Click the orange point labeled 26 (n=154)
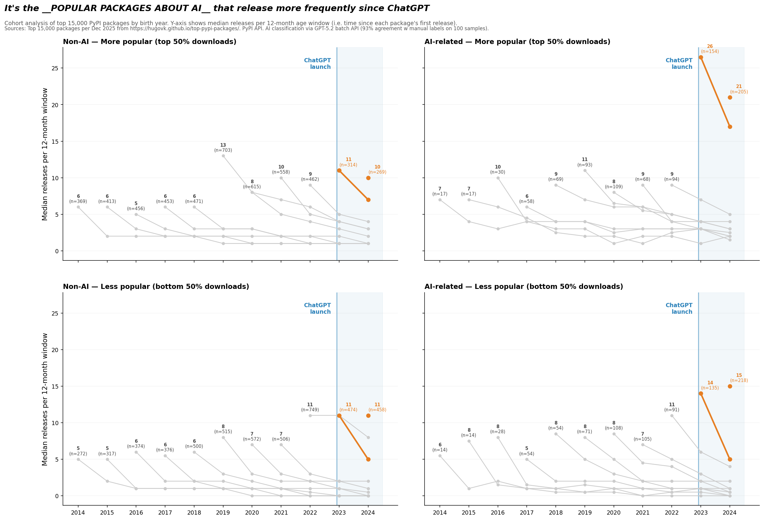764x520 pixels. point(700,57)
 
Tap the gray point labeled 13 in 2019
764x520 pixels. point(223,156)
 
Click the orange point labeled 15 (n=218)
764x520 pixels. point(730,386)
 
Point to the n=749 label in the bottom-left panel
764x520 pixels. point(310,410)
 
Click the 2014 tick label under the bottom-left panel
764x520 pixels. point(78,513)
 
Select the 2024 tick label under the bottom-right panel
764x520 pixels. point(730,513)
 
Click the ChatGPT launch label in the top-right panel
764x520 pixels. point(679,64)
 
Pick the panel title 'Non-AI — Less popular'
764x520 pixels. point(156,287)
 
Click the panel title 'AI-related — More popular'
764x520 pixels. point(517,42)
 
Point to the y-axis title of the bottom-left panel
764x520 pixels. point(45,399)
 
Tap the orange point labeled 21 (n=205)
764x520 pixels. point(730,98)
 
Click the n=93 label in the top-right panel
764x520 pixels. point(585,165)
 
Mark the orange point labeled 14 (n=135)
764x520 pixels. point(700,394)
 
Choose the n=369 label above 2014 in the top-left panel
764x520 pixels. point(78,201)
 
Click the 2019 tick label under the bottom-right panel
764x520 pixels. point(585,513)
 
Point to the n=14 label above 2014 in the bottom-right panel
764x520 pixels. point(440,450)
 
